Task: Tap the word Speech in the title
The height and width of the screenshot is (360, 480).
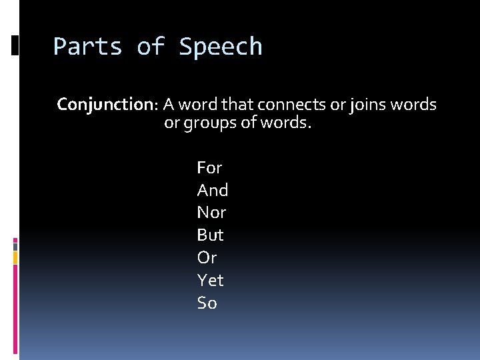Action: click(x=221, y=47)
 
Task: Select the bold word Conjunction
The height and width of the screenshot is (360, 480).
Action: click(x=105, y=105)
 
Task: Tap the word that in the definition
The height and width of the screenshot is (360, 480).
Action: click(x=238, y=105)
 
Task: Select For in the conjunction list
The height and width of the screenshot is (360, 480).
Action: click(x=209, y=167)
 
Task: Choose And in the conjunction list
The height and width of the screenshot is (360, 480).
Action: click(x=213, y=190)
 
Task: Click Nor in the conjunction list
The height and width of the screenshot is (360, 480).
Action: click(x=211, y=213)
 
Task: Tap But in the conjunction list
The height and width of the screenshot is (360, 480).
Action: click(x=211, y=235)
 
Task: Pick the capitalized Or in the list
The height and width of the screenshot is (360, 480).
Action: click(x=207, y=257)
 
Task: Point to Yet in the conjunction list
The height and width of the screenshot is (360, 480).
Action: click(x=211, y=280)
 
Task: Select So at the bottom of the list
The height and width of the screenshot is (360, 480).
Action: click(x=207, y=303)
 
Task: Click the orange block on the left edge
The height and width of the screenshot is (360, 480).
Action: click(x=15, y=257)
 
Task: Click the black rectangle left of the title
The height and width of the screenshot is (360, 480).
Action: click(x=15, y=45)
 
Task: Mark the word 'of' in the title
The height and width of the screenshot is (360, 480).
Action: click(x=151, y=47)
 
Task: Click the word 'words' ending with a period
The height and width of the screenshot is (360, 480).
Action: click(x=288, y=124)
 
